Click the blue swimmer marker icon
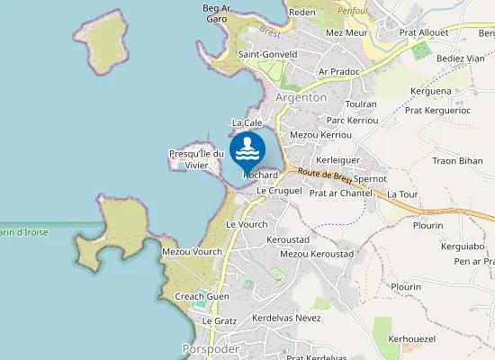click(x=247, y=149)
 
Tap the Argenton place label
click(x=301, y=97)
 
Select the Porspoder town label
click(x=211, y=347)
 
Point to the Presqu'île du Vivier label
click(x=195, y=159)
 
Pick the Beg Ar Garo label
click(x=216, y=13)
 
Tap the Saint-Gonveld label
click(x=267, y=55)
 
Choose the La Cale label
click(x=247, y=122)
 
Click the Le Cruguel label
click(x=278, y=191)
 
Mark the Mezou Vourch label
click(x=192, y=251)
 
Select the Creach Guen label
click(x=202, y=296)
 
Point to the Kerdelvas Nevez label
click(x=286, y=319)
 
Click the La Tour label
click(x=402, y=193)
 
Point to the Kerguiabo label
click(x=462, y=246)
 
